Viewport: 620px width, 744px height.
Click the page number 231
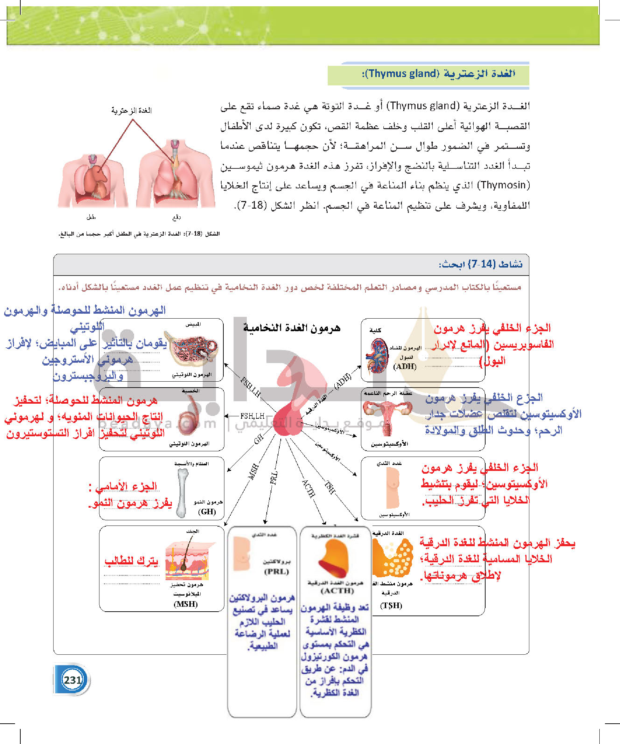pyautogui.click(x=72, y=680)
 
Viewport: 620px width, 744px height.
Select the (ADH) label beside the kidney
pyautogui.click(x=405, y=366)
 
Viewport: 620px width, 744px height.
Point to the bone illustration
pyautogui.click(x=182, y=493)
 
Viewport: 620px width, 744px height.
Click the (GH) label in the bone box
pyautogui.click(x=207, y=512)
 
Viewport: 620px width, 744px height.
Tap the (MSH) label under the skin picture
pyautogui.click(x=186, y=604)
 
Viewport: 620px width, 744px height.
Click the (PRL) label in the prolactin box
pyautogui.click(x=276, y=571)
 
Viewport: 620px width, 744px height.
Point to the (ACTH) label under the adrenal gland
pyautogui.click(x=337, y=591)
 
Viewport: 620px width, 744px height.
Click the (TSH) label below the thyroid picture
pyautogui.click(x=391, y=605)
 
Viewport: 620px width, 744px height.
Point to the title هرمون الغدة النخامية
pyautogui.click(x=292, y=328)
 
